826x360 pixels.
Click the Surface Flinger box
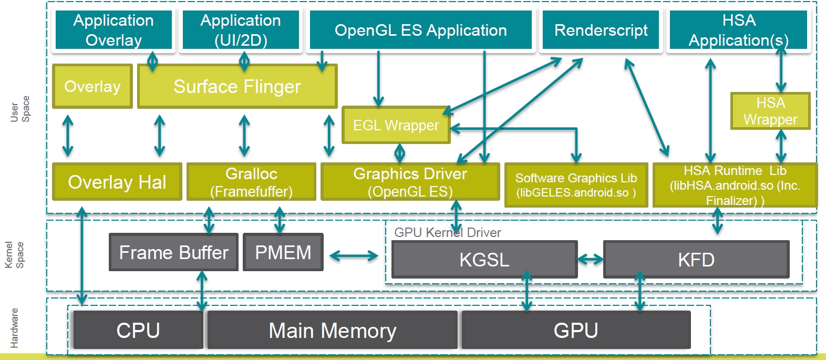coord(237,86)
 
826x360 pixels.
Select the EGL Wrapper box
coord(396,125)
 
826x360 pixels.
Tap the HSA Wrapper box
coord(770,111)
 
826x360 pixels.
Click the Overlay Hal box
coord(117,182)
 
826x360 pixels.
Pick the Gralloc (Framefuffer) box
coord(251,182)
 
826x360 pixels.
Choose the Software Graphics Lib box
coord(576,185)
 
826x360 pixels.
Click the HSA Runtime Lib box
coord(735,185)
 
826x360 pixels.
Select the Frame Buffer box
coord(173,252)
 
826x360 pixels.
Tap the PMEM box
coord(283,252)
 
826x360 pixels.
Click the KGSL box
coord(484,260)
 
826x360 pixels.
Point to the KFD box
coord(696,260)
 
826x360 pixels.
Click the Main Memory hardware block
coord(332,331)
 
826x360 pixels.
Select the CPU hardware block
coord(138,331)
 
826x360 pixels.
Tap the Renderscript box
coord(601,30)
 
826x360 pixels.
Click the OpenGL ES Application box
coord(420,30)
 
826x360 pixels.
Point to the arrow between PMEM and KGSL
coord(354,256)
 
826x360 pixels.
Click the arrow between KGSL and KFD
coord(591,259)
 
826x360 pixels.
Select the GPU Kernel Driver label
coord(447,232)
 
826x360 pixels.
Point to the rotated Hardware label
coord(14,328)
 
